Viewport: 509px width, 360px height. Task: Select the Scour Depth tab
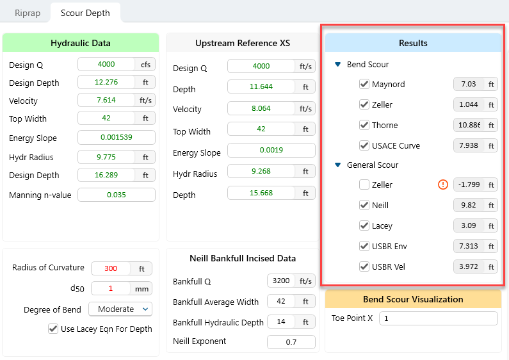[x=85, y=12]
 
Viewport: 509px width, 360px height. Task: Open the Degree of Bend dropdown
[x=120, y=309]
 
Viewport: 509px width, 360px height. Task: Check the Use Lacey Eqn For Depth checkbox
[x=53, y=329]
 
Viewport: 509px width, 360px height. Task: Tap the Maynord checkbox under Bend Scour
[x=364, y=84]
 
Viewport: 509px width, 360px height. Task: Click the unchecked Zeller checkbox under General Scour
[x=364, y=184]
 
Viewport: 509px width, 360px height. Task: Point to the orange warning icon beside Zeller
[x=442, y=184]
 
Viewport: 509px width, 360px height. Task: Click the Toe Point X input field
[x=438, y=318]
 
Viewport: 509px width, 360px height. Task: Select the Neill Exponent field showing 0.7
[x=291, y=342]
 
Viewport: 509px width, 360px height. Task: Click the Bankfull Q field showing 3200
[x=282, y=281]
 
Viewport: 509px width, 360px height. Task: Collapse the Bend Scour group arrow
[x=338, y=65]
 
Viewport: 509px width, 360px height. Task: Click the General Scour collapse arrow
[x=338, y=165]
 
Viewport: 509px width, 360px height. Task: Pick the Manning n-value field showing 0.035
[x=116, y=195]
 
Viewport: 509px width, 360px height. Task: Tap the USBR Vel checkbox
[x=364, y=266]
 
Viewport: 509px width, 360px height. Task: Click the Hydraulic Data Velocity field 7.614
[x=107, y=101]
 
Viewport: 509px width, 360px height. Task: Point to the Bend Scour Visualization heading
[x=413, y=299]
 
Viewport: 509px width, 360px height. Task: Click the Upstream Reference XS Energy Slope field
[x=271, y=151]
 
